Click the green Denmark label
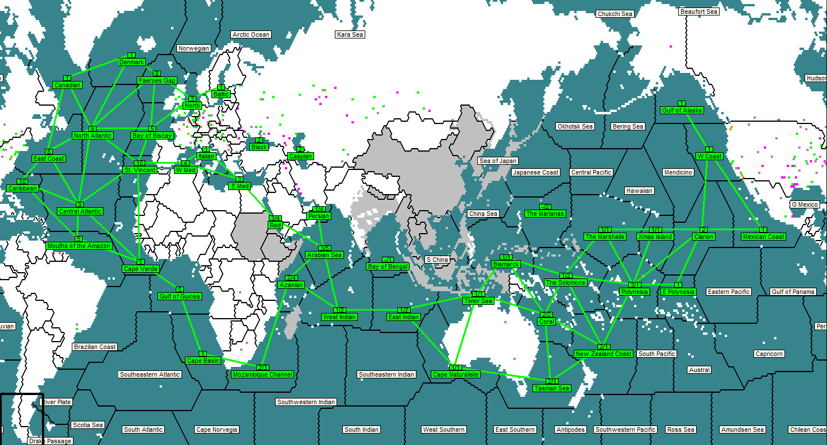click(x=132, y=62)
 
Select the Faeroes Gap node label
click(x=157, y=80)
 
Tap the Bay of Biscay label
click(x=152, y=136)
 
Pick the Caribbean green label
click(x=23, y=188)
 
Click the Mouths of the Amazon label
click(x=79, y=246)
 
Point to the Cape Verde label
click(x=140, y=269)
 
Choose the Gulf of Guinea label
click(x=180, y=296)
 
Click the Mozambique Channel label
click(x=262, y=374)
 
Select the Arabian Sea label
click(x=324, y=255)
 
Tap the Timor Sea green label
click(x=478, y=301)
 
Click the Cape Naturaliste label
click(x=455, y=374)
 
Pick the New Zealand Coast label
click(x=604, y=354)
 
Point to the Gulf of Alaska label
click(x=682, y=110)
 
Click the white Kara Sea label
click(x=350, y=34)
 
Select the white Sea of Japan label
click(x=498, y=161)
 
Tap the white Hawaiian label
click(x=639, y=191)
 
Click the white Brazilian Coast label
click(x=95, y=347)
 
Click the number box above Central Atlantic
click(x=80, y=204)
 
